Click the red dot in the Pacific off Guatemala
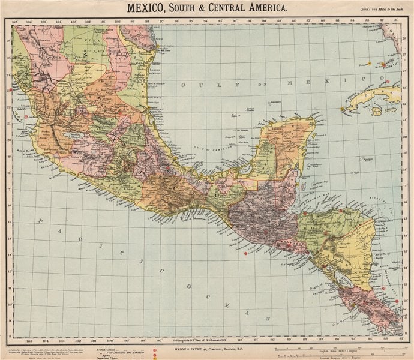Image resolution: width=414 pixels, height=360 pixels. coord(245,254)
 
